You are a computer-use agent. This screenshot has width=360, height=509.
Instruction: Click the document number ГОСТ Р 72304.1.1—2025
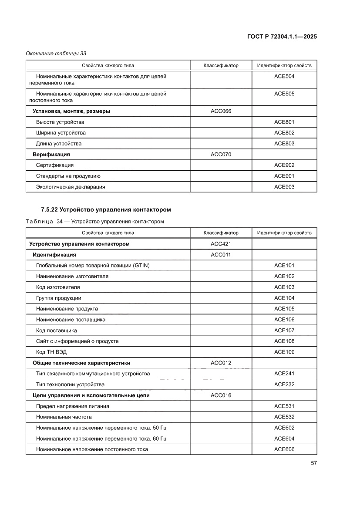tap(282, 37)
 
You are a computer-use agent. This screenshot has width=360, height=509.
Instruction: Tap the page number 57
tap(313, 463)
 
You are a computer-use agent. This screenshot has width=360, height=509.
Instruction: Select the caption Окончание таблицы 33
tap(56, 54)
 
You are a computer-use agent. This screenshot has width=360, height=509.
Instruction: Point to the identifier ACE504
tap(284, 76)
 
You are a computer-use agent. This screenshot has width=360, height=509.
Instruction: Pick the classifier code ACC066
tap(221, 111)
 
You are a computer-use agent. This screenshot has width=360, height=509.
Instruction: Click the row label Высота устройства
tap(60, 122)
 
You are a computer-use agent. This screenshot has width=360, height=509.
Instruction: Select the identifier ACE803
tap(284, 144)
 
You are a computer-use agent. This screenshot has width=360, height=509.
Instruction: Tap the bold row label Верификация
tap(51, 155)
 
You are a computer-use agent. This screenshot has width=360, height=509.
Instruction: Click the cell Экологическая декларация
tap(71, 187)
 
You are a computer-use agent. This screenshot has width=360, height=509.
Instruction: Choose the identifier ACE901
tap(284, 176)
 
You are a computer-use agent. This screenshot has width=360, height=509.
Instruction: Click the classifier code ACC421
tap(221, 244)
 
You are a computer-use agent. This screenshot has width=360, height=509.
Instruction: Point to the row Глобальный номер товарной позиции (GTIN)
tap(93, 266)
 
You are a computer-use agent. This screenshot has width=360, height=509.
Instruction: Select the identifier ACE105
tap(284, 309)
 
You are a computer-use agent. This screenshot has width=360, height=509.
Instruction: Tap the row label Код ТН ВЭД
tap(51, 352)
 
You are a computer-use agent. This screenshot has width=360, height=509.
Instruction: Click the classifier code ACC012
tap(221, 363)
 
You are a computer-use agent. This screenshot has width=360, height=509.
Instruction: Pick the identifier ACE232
tap(284, 384)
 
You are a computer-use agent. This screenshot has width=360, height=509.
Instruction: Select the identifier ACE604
tap(284, 438)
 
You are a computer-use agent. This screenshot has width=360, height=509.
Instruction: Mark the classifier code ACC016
tap(221, 395)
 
